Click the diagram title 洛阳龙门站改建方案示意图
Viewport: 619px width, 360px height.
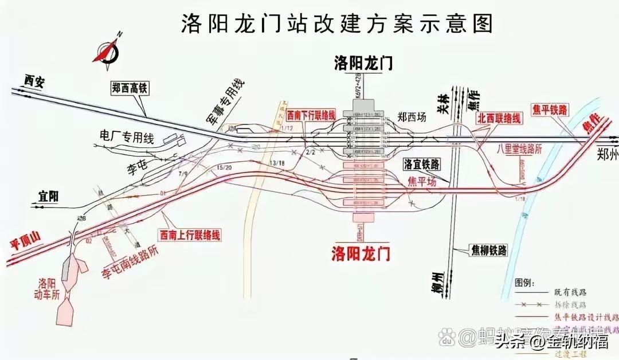point(338,24)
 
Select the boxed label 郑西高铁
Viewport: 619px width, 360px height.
point(130,88)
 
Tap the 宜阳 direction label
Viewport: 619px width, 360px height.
point(46,197)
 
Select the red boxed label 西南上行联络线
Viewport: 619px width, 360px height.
point(190,234)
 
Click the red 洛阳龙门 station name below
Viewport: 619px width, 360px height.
point(362,252)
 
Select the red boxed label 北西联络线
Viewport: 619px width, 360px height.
point(500,119)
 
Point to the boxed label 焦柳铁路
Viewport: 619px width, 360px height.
point(489,250)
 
